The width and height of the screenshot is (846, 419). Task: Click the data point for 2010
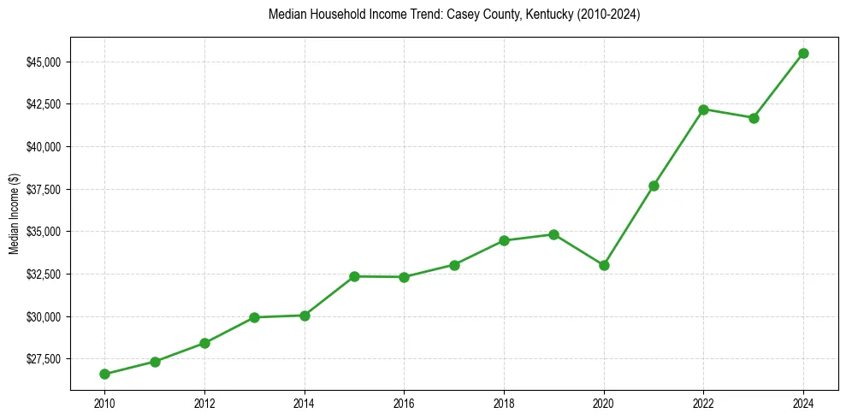[x=104, y=374]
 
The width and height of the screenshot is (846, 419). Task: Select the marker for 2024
[x=803, y=53]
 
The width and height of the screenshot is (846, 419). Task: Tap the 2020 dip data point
[x=604, y=265]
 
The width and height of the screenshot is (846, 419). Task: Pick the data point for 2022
[x=703, y=109]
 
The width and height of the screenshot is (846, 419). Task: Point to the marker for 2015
[x=354, y=276]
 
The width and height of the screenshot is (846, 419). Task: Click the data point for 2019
[x=553, y=234]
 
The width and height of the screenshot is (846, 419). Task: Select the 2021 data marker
[x=654, y=186]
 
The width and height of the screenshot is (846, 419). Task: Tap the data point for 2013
[x=254, y=317]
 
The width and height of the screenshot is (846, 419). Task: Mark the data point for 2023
[x=754, y=118]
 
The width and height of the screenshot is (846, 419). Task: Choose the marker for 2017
[x=454, y=265]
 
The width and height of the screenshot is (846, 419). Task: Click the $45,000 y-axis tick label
[x=43, y=62]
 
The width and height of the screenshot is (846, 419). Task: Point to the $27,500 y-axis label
[x=43, y=359]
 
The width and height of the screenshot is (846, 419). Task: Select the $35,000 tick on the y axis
[x=43, y=232]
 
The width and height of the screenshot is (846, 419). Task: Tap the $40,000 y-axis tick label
[x=43, y=147]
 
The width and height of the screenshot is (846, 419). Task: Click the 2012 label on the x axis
[x=204, y=403]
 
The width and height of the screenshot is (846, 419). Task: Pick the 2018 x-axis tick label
[x=504, y=403]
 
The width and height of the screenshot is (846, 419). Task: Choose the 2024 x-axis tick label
[x=803, y=403]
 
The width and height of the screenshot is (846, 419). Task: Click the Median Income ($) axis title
[x=14, y=214]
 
